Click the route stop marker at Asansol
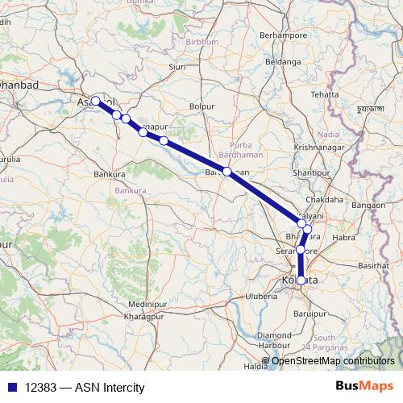[96, 101]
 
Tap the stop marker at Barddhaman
[228, 172]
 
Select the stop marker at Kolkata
[301, 280]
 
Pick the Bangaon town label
[368, 206]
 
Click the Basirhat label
[373, 264]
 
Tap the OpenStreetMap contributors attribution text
[334, 360]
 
